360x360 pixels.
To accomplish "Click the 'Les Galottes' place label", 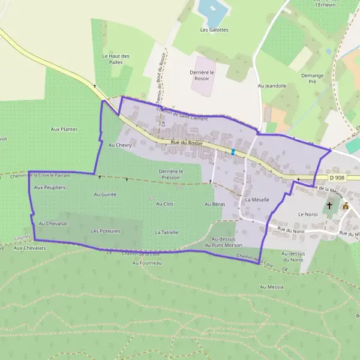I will [x=214, y=29].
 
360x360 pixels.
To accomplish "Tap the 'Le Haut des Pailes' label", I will [x=116, y=59].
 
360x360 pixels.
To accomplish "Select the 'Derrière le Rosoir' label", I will [x=203, y=76].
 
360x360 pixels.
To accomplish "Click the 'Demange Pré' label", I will [x=313, y=79].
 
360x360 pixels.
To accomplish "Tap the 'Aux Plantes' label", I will [x=64, y=129].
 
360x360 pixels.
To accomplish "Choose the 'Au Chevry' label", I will [x=119, y=145].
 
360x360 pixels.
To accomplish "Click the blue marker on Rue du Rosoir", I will [x=233, y=152].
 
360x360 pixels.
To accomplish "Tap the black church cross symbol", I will [x=329, y=205].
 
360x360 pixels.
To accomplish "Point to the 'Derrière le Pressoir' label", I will [x=171, y=174].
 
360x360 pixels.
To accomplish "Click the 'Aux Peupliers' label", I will [x=50, y=187].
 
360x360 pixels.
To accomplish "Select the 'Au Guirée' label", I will [x=105, y=194].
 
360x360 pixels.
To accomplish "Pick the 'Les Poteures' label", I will [x=106, y=230].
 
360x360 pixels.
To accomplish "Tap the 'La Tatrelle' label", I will [x=166, y=232].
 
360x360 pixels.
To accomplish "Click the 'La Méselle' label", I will [x=257, y=199].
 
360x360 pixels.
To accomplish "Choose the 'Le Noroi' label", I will [x=307, y=214].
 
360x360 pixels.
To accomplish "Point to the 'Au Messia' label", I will [x=272, y=287].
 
